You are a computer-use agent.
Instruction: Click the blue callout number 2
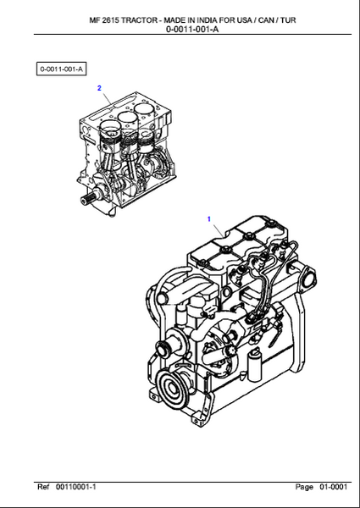click(x=99, y=88)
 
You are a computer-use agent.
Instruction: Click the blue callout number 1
click(x=209, y=219)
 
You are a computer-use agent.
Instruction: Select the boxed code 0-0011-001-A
click(x=62, y=69)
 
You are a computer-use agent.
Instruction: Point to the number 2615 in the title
click(x=111, y=20)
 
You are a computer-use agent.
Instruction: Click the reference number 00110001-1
click(x=76, y=487)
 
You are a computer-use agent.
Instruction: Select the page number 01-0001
click(x=334, y=487)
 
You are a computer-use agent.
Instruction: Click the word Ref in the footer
click(x=43, y=487)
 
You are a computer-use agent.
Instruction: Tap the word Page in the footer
click(x=304, y=487)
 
